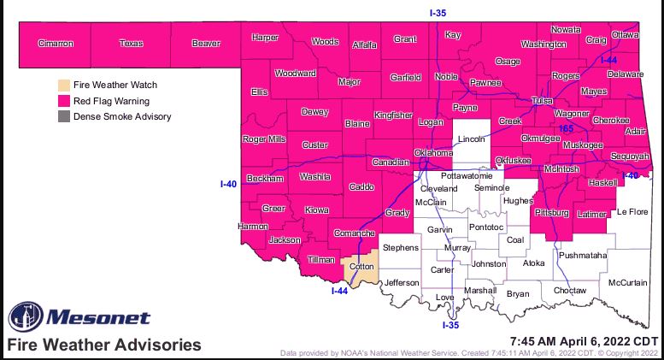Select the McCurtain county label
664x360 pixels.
point(628,282)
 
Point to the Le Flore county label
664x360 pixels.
point(633,211)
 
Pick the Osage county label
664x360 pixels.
point(508,62)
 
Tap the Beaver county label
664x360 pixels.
point(206,43)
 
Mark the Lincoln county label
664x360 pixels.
point(471,138)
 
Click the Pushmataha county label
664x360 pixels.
point(582,255)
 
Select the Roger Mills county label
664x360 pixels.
point(264,139)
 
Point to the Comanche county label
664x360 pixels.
point(354,233)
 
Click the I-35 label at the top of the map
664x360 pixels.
point(437,12)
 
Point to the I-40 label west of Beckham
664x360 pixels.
point(228,183)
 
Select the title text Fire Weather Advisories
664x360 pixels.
point(104,345)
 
